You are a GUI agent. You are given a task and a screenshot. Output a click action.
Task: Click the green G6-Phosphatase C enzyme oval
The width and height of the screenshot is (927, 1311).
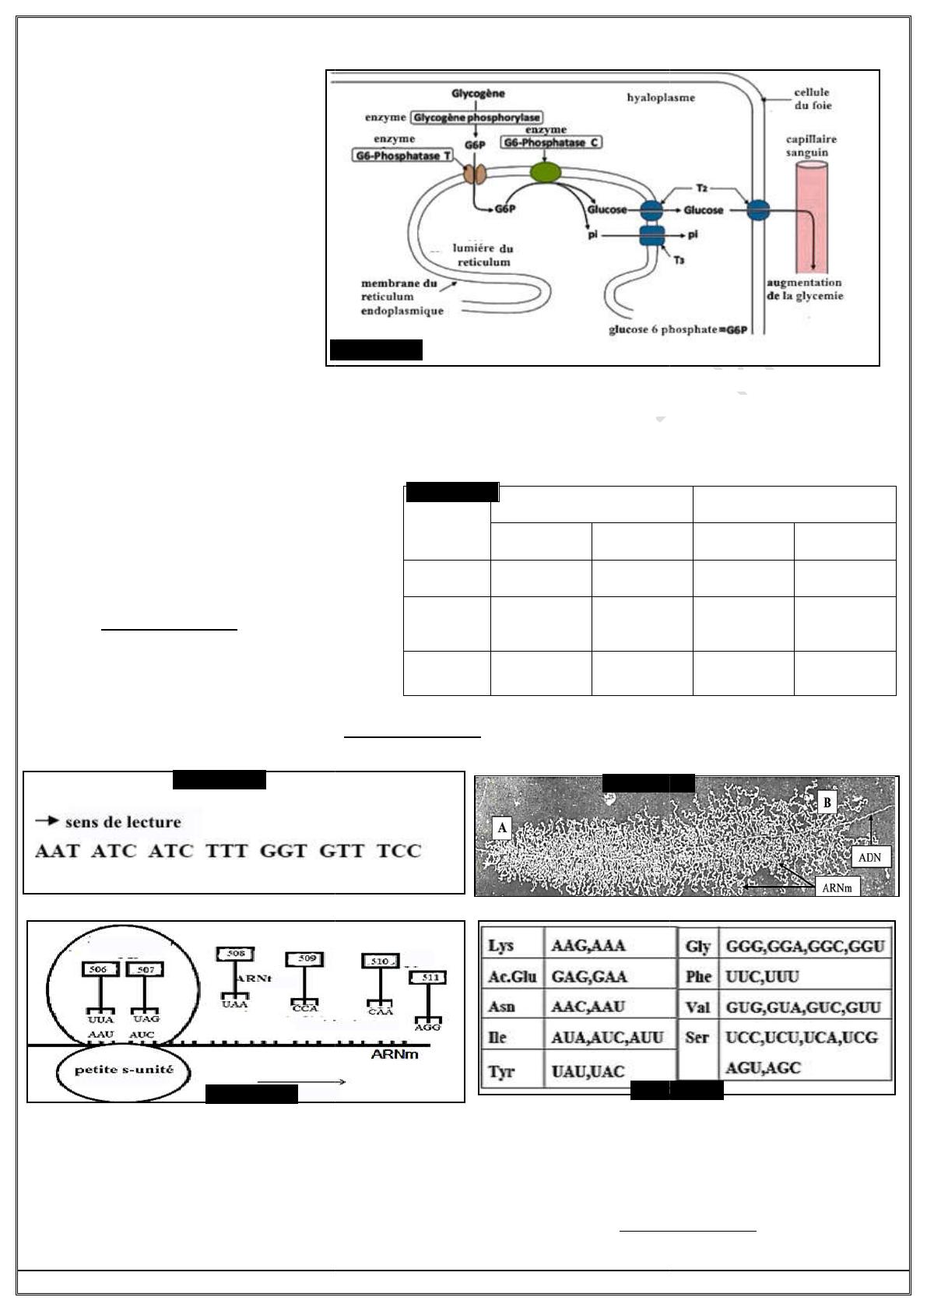[x=545, y=172]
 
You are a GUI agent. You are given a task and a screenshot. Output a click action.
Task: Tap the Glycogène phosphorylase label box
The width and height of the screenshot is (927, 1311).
[x=476, y=118]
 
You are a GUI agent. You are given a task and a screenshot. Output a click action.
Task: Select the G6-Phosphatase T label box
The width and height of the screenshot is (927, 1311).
[x=403, y=156]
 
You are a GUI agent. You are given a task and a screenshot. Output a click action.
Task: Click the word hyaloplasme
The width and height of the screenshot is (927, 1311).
[x=661, y=98]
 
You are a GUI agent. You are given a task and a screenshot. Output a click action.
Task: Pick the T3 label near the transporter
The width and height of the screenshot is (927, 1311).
[x=679, y=259]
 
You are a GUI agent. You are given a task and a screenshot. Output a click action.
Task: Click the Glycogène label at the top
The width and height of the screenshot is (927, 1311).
[x=478, y=94]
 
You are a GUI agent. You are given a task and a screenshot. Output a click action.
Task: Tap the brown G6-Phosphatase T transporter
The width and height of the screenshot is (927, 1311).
[x=475, y=174]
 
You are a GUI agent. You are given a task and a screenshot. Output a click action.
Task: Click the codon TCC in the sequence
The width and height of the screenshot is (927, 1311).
[x=399, y=851]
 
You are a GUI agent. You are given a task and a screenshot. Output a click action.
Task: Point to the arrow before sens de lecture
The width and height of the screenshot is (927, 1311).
[x=47, y=821]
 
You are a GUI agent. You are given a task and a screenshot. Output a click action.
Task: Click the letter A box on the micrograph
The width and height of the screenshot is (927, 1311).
[x=502, y=828]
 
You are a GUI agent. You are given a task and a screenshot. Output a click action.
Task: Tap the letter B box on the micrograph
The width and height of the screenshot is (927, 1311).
[x=827, y=803]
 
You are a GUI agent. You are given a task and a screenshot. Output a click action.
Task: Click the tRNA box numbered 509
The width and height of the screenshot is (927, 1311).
[x=307, y=958]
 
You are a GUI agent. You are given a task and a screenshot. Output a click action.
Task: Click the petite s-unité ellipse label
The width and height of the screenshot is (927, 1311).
[x=124, y=1070]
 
